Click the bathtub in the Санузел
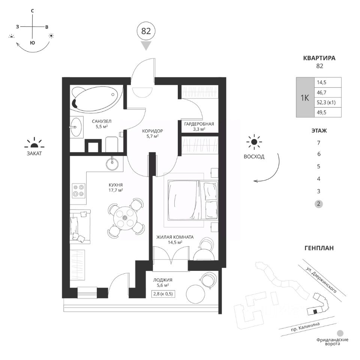click(97, 99)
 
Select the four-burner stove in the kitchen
click(79, 190)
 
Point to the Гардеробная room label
click(199, 124)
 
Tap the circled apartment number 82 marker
click(146, 31)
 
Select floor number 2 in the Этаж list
click(318, 204)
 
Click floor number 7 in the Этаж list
click(318, 143)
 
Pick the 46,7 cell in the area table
click(327, 92)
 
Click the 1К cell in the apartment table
click(304, 97)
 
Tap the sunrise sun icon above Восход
click(255, 142)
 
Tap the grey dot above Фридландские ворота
click(340, 333)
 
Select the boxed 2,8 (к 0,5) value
click(163, 293)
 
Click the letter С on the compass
click(33, 10)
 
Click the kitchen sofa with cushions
click(79, 225)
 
